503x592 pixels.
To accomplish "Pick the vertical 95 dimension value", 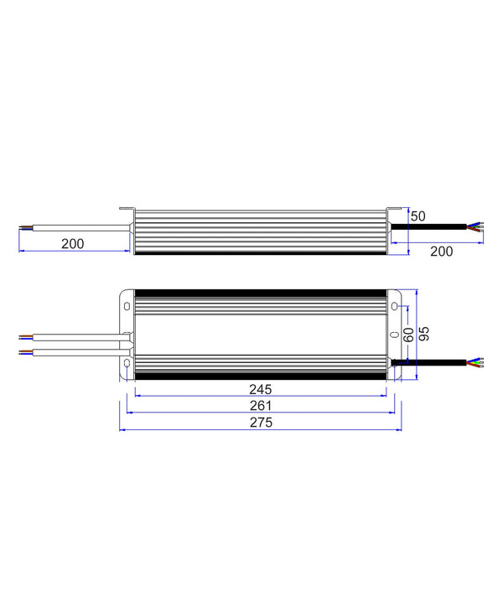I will (x=424, y=333).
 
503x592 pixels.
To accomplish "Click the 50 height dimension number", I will (x=417, y=216).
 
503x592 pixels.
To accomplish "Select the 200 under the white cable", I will (x=73, y=243).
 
